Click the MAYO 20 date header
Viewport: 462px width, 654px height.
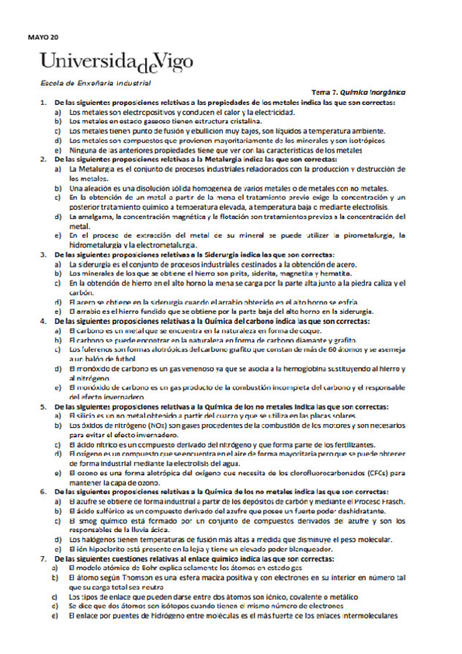[x=42, y=35]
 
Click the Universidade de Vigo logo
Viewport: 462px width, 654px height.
[x=117, y=61]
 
